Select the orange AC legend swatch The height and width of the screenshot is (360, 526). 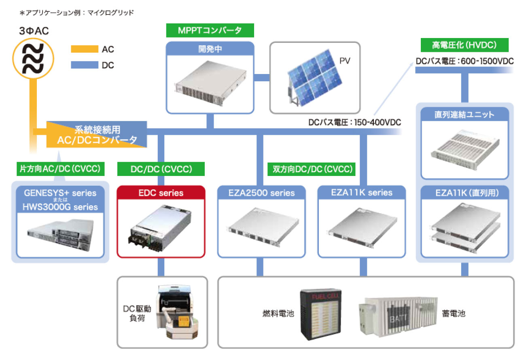(84, 49)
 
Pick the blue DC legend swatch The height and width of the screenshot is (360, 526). (84, 65)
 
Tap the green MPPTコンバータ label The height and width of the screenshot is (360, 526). (210, 30)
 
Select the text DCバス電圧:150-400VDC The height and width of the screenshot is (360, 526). (354, 122)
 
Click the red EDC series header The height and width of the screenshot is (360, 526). (161, 193)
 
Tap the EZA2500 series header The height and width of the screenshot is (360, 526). (261, 193)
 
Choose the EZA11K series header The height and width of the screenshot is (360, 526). (361, 193)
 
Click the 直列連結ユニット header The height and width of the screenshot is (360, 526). (464, 114)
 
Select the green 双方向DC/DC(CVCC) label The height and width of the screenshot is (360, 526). (312, 169)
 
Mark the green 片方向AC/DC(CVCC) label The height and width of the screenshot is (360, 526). (59, 169)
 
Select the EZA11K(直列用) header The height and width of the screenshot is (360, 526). (464, 193)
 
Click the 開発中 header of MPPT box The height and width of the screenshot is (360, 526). (210, 49)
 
